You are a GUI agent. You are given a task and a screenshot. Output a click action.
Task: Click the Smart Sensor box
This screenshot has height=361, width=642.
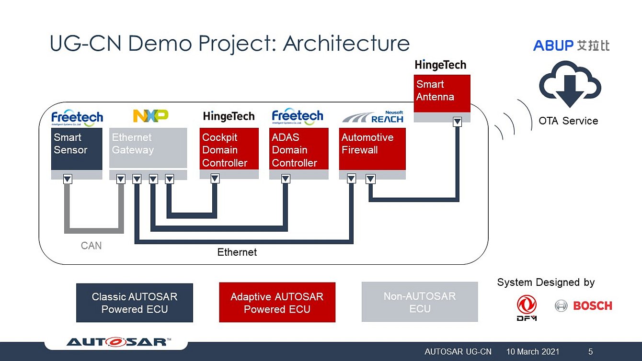click(77, 149)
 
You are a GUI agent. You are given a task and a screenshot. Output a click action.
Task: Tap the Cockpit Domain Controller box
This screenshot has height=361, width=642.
click(229, 149)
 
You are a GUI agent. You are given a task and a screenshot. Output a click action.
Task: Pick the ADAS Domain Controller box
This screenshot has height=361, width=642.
click(298, 149)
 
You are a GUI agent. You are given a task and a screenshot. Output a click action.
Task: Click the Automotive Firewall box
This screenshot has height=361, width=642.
click(372, 149)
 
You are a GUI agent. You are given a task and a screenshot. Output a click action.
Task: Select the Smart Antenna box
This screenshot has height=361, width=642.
click(442, 93)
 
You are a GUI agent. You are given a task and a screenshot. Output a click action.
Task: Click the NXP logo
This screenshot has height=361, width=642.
click(150, 116)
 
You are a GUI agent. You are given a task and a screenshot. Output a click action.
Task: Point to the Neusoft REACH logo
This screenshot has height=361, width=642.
click(373, 117)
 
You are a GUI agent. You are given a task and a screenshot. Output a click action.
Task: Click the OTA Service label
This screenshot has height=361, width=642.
click(568, 121)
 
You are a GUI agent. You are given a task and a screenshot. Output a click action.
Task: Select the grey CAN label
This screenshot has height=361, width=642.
click(91, 246)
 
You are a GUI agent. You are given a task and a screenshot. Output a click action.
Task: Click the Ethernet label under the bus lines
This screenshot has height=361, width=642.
click(237, 252)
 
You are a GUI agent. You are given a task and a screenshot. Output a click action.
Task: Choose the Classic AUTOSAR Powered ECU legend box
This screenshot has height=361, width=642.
click(135, 303)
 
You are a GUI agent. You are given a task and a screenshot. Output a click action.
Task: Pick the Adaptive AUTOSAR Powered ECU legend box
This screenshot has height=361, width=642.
click(277, 303)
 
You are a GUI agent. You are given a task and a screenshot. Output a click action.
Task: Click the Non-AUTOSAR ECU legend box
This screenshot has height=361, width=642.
click(420, 302)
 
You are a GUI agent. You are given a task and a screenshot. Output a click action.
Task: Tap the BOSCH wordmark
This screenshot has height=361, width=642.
click(592, 305)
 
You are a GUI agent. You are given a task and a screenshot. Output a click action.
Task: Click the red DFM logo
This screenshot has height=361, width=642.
click(527, 307)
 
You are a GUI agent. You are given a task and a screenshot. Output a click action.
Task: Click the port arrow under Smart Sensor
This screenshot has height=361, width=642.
click(68, 179)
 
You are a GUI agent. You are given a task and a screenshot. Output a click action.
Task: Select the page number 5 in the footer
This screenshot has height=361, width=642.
click(590, 352)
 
